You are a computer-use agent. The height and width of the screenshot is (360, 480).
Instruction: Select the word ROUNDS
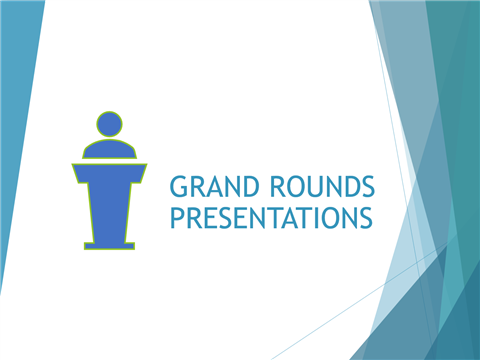pos(319,187)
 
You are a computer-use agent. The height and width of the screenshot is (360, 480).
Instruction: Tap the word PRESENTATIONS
pos(272,217)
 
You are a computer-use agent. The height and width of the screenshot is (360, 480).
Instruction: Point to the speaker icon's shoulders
pos(110,148)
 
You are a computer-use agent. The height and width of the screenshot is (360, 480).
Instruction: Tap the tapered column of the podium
pos(110,205)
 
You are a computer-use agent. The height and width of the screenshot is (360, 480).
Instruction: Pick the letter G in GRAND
pos(178,187)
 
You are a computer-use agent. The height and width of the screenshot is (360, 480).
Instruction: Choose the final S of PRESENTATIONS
pos(365,217)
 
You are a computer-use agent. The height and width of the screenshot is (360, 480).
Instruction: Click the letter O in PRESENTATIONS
pos(329,217)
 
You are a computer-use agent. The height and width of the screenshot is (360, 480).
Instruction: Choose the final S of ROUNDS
pos(366,187)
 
